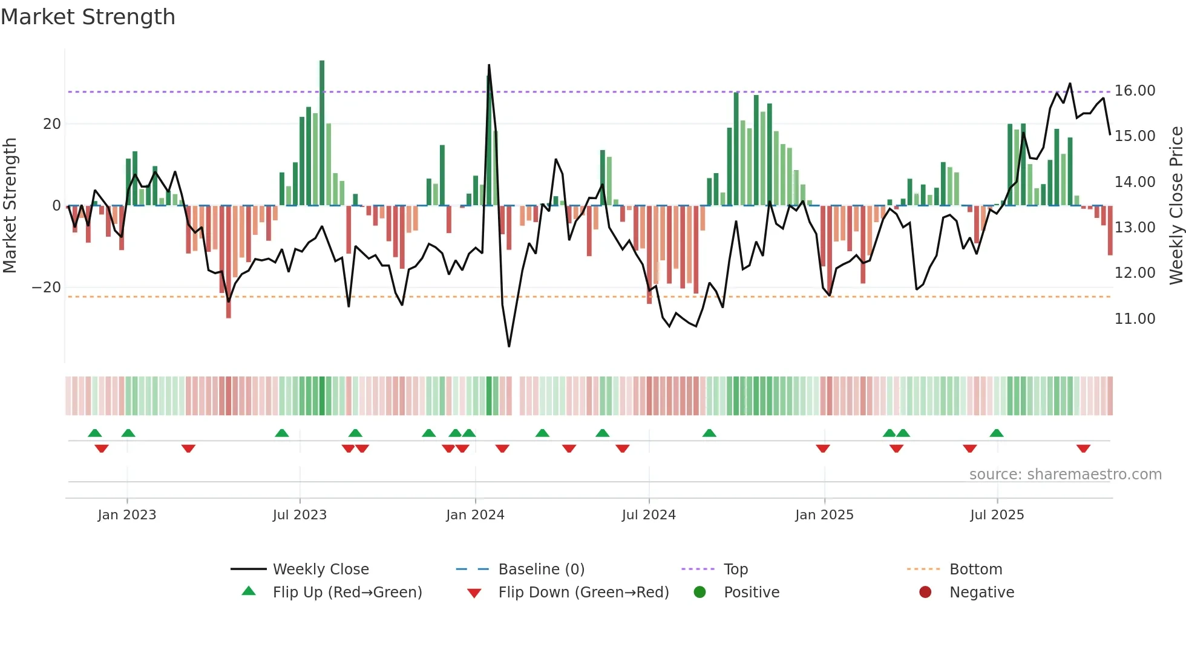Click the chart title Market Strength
coord(88,17)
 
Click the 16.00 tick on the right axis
coord(1135,91)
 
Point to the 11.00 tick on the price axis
coord(1135,319)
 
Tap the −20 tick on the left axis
coord(47,287)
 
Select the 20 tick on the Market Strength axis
coord(52,124)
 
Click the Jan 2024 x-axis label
coord(475,515)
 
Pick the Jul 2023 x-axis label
coord(300,515)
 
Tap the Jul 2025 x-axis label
coord(997,515)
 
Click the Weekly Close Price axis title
coord(1176,206)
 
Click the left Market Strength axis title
coord(10,206)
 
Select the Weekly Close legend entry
coord(321,570)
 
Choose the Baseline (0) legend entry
coord(541,570)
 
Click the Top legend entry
coord(736,570)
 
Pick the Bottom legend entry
coord(975,570)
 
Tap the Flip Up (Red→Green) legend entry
coord(347,593)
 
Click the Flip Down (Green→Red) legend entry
coord(583,593)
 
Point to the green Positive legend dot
coord(700,593)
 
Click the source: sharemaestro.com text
coord(1065,475)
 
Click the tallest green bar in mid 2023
coord(322,133)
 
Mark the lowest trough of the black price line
coord(509,346)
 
